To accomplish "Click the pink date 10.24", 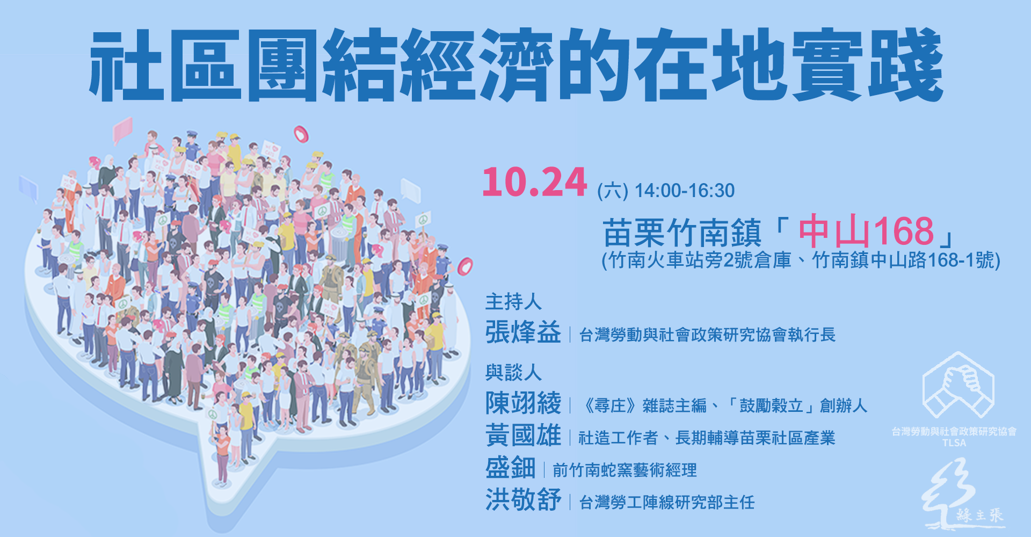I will click(x=534, y=183).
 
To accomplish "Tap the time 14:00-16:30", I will click(x=684, y=191).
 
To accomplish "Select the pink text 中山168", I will click(x=866, y=231).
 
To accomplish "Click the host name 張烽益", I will click(x=522, y=332).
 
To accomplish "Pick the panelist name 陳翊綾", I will click(x=522, y=403).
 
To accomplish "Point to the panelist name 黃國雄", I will click(x=522, y=436).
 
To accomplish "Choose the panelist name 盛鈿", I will click(x=510, y=468).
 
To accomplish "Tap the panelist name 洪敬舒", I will click(x=522, y=500).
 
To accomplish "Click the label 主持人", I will click(x=513, y=302).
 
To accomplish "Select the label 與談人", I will click(x=513, y=372).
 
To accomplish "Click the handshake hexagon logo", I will click(x=957, y=386).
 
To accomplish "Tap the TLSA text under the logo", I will click(x=954, y=443).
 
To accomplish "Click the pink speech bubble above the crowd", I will click(x=123, y=130).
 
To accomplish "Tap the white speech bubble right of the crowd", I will click(x=410, y=190).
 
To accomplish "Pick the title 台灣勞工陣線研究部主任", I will click(x=666, y=503).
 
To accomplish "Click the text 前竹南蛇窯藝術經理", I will click(x=624, y=470).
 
